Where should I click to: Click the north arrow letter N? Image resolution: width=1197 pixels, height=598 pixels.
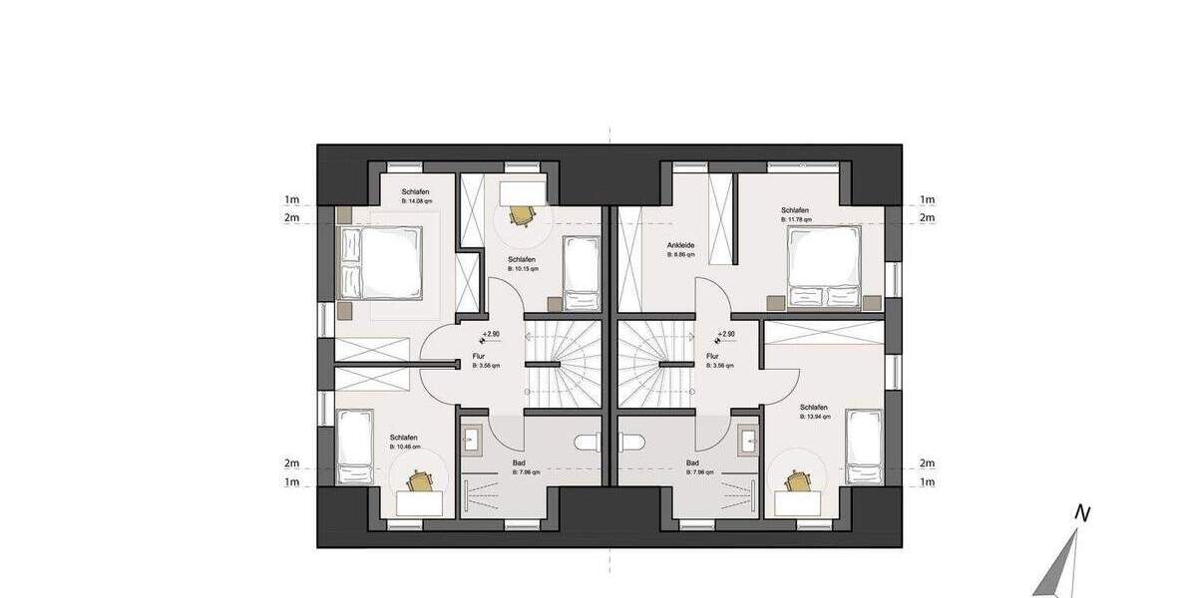tap(1080, 514)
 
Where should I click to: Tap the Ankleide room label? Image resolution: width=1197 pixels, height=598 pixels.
tap(681, 245)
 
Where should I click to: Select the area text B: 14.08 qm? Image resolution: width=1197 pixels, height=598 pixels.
tap(416, 201)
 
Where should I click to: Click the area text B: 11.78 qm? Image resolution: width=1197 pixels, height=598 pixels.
tap(795, 220)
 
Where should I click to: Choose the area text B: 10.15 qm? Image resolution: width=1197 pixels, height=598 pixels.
tap(524, 268)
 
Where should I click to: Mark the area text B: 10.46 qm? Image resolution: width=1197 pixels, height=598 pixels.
tap(404, 448)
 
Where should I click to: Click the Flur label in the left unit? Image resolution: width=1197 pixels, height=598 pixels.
tap(480, 356)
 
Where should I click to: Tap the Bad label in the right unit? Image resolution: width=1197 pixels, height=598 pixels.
tap(692, 463)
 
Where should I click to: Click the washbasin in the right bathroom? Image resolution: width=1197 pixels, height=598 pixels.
tap(747, 438)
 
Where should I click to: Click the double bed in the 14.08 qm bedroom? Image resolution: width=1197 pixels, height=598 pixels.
tap(380, 261)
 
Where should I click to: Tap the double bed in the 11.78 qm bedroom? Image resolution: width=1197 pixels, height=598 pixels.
tap(823, 266)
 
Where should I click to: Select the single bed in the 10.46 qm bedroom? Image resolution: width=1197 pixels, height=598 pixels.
tap(353, 446)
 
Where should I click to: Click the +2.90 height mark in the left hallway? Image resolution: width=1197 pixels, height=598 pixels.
tap(490, 335)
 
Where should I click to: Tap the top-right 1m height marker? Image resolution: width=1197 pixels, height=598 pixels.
tap(928, 200)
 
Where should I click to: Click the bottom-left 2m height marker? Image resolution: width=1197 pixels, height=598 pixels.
tap(292, 464)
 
